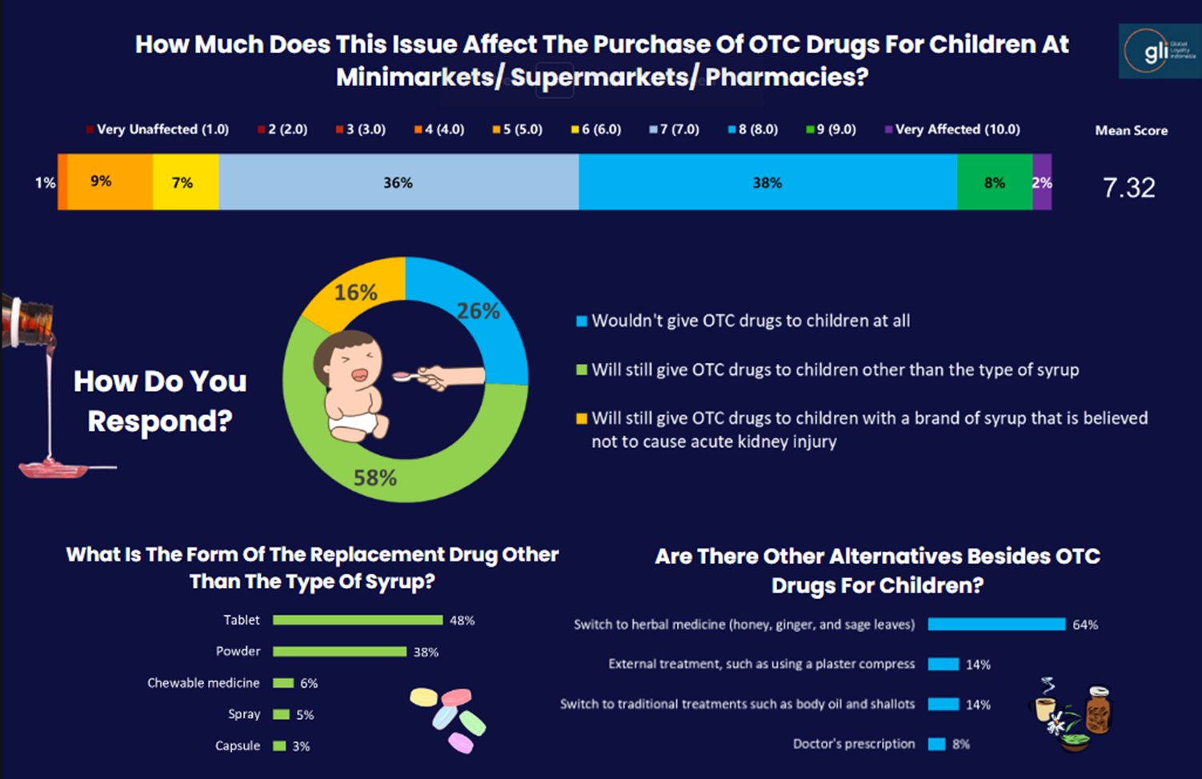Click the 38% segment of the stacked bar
point(767,182)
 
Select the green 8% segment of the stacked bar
point(994,182)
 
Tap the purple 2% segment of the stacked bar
point(1042,182)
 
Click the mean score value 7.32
point(1128,188)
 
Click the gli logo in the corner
point(1159,51)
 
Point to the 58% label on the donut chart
point(375,478)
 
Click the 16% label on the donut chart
point(355,293)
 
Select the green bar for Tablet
point(357,620)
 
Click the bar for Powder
point(339,652)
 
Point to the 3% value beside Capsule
point(301,746)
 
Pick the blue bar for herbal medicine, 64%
point(996,624)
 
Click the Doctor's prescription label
point(853,744)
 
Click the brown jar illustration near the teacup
point(1097,710)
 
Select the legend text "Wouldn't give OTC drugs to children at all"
point(750,321)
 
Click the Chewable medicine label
point(203,683)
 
